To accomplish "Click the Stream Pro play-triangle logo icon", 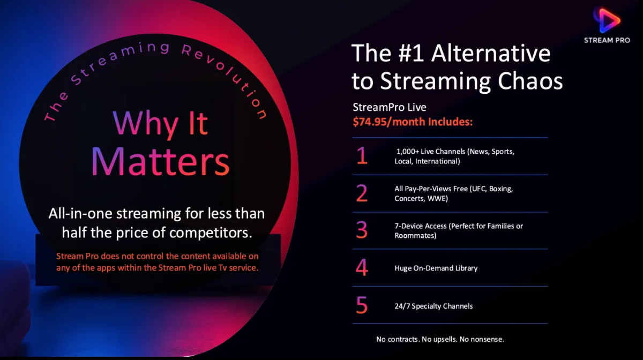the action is click(607, 20).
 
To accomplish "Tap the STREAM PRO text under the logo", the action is click(607, 41).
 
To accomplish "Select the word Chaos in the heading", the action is click(530, 81).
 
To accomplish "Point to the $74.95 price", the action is click(369, 122).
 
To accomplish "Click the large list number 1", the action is click(362, 155).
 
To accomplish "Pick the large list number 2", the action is click(362, 193).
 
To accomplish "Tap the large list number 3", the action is click(362, 230).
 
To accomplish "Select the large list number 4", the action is click(362, 267).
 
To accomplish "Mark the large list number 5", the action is click(362, 305).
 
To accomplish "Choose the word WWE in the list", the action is click(437, 199).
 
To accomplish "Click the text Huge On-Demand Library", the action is click(436, 268).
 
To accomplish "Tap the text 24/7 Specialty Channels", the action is click(433, 306).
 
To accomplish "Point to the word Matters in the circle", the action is click(160, 161).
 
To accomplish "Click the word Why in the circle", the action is click(146, 123).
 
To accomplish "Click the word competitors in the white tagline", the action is click(211, 233).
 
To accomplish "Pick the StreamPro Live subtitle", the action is click(390, 107).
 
